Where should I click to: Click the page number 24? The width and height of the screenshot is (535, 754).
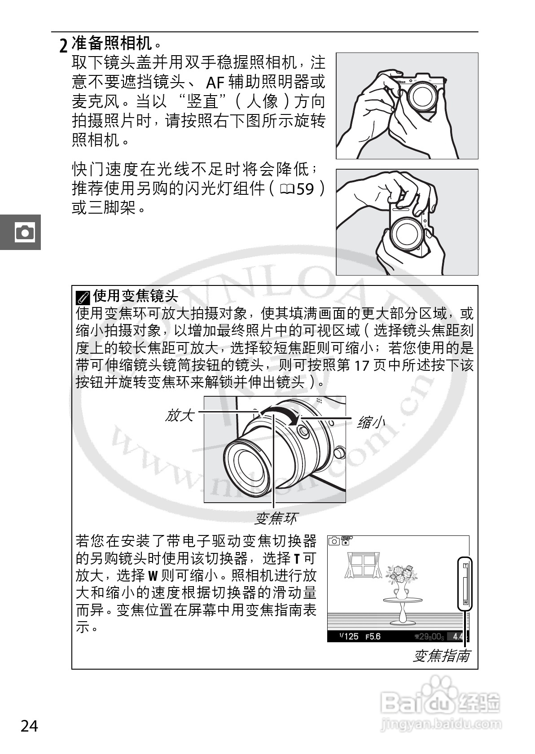pos(30,726)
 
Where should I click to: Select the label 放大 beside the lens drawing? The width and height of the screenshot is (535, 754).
pos(180,415)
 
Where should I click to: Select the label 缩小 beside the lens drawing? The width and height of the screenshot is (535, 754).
pos(371,422)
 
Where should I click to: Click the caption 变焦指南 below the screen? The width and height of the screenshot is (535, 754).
pos(441,656)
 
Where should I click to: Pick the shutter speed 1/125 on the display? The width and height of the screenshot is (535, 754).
pos(349,636)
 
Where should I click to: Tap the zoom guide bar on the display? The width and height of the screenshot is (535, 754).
pos(465,583)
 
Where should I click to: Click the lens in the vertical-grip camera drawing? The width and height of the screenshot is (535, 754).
pos(406,232)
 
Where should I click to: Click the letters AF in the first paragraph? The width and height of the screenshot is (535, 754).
pos(215,83)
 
